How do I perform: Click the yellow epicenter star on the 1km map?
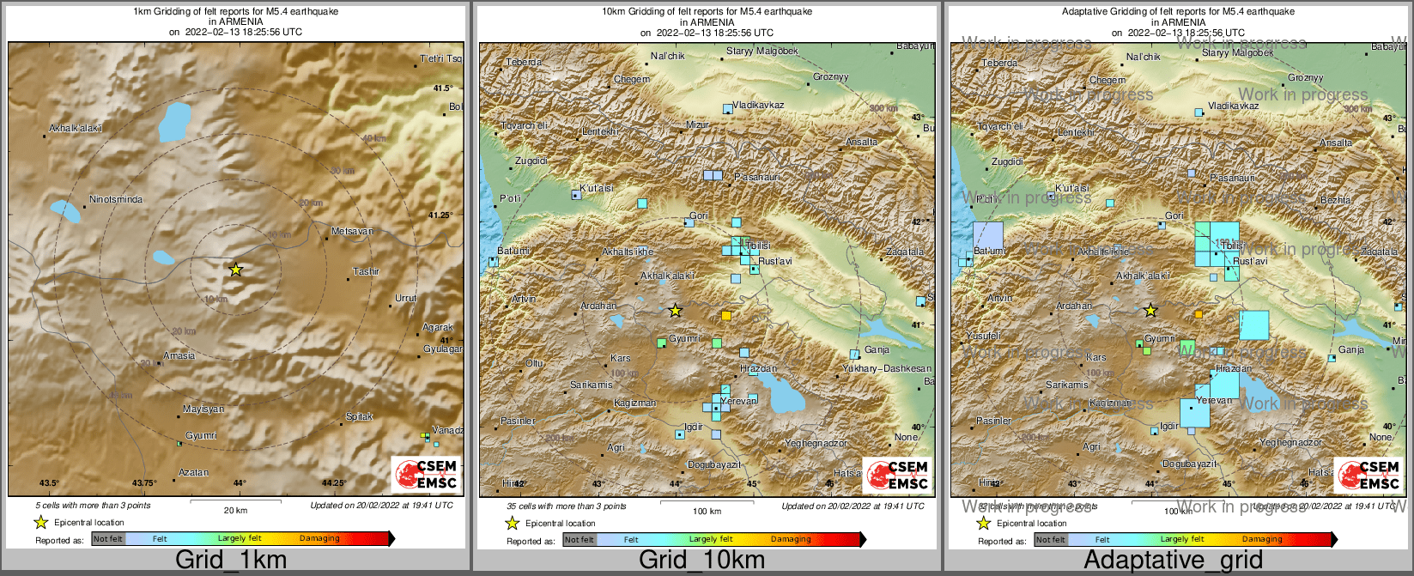click(236, 270)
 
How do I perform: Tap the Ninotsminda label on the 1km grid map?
click(116, 200)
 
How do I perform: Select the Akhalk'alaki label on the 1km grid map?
click(76, 129)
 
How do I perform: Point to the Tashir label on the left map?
click(366, 272)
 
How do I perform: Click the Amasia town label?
click(179, 356)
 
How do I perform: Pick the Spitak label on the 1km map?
click(359, 417)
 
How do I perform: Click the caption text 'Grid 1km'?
click(231, 561)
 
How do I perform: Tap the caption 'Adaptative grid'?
click(1173, 561)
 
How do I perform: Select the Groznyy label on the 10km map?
click(830, 77)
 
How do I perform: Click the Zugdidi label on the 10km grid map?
click(531, 161)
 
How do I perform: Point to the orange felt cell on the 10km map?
click(726, 316)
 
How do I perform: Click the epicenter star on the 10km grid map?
click(676, 310)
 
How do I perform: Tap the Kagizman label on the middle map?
click(634, 403)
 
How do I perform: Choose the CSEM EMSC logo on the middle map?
click(896, 475)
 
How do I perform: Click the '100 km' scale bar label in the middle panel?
click(707, 512)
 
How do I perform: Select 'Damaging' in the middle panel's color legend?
click(791, 540)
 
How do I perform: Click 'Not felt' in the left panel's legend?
click(108, 539)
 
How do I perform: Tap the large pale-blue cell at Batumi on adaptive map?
click(988, 235)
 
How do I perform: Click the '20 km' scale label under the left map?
click(235, 511)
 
